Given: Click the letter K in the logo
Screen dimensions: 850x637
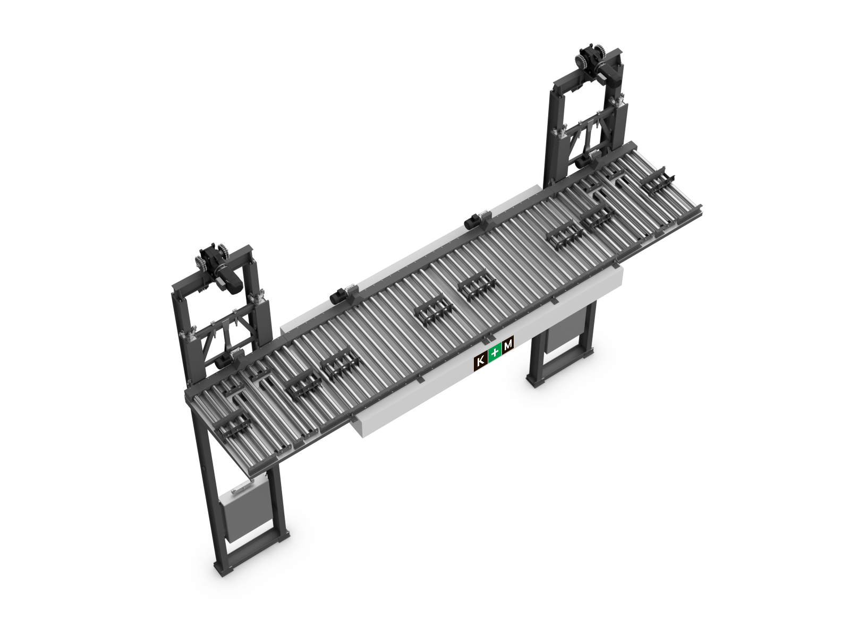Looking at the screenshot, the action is click(x=481, y=361).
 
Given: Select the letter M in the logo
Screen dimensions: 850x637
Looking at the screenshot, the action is click(x=508, y=343).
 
